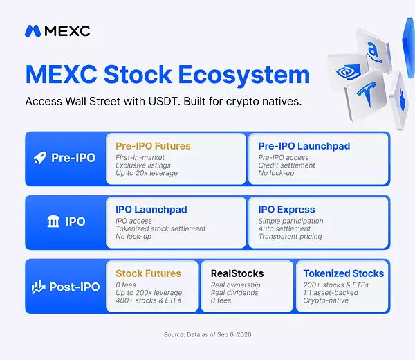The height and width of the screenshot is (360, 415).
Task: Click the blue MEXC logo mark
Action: tap(33, 31)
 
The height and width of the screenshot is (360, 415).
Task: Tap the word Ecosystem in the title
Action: tap(243, 75)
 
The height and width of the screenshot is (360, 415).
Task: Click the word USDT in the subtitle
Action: tap(163, 102)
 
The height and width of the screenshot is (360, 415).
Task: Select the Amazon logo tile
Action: tap(374, 52)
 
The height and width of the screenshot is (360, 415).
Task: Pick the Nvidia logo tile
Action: tap(347, 71)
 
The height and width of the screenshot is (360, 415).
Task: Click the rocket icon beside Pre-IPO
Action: tap(40, 158)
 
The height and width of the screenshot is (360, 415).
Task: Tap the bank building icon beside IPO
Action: tap(53, 221)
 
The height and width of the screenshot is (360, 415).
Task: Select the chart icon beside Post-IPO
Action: tap(38, 287)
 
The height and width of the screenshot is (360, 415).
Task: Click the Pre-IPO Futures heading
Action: tap(153, 146)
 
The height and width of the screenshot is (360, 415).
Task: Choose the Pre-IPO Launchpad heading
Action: tap(304, 146)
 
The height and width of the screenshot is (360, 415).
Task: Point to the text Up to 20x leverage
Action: tap(147, 173)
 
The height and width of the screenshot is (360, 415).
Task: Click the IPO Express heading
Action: tap(286, 210)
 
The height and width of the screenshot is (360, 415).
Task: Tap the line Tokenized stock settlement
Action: tap(160, 228)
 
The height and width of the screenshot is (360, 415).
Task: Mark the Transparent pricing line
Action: tap(290, 237)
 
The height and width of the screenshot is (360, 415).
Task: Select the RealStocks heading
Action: tap(237, 273)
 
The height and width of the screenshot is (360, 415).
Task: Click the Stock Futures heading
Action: tap(148, 273)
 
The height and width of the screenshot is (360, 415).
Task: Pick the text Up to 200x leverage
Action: tap(149, 293)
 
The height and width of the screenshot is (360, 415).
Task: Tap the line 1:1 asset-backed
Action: tap(331, 293)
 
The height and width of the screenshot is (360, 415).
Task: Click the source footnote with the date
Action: tap(207, 334)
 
